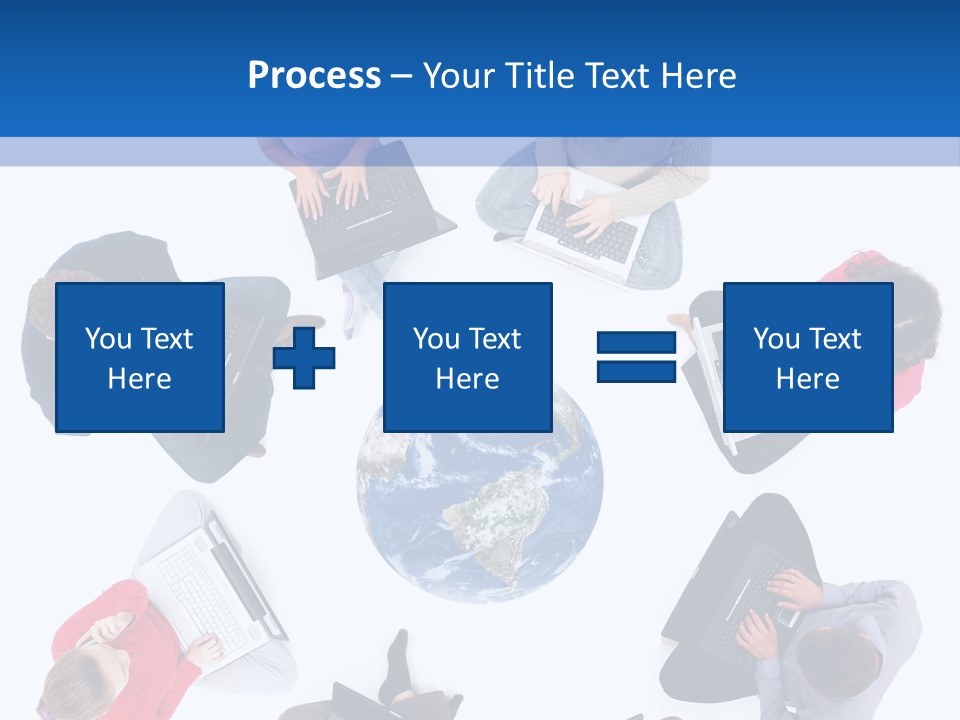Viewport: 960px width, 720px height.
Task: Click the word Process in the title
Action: click(314, 75)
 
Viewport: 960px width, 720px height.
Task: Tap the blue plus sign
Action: click(304, 357)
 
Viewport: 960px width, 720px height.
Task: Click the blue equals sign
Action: click(637, 357)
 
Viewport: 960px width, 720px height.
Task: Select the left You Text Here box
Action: click(140, 357)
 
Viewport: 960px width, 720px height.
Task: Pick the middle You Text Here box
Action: click(467, 357)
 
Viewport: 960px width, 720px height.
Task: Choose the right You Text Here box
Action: click(807, 357)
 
